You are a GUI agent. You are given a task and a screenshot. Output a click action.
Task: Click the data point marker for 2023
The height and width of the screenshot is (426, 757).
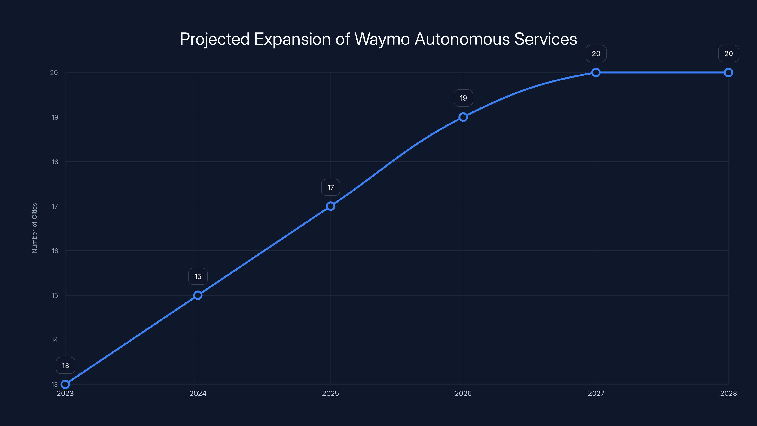pyautogui.click(x=65, y=384)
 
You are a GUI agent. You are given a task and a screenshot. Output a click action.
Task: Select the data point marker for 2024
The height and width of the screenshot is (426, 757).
pyautogui.click(x=198, y=295)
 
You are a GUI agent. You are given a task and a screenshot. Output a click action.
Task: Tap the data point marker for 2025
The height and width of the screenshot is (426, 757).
pyautogui.click(x=331, y=206)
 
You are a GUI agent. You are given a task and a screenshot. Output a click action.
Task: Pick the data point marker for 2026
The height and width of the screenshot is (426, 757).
pyautogui.click(x=463, y=117)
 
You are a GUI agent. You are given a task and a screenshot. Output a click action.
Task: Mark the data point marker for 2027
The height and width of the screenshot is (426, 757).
pyautogui.click(x=596, y=73)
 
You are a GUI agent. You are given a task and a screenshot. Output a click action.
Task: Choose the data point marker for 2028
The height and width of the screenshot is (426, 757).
pyautogui.click(x=729, y=73)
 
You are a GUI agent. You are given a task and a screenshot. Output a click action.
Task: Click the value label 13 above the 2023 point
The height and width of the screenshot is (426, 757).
pyautogui.click(x=65, y=365)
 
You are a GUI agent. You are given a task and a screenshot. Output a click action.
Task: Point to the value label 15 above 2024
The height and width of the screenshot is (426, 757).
pyautogui.click(x=198, y=276)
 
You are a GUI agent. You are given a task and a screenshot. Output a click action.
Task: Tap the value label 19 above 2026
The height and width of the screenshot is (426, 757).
pyautogui.click(x=463, y=98)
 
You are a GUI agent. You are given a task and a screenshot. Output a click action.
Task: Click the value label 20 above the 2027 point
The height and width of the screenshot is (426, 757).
pyautogui.click(x=596, y=53)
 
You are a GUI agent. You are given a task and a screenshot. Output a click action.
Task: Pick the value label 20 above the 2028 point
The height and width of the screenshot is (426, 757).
pyautogui.click(x=729, y=53)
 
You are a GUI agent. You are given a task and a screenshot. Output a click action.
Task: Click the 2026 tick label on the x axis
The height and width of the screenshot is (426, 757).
pyautogui.click(x=463, y=393)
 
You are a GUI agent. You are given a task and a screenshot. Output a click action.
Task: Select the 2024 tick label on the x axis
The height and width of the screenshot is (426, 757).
pyautogui.click(x=198, y=393)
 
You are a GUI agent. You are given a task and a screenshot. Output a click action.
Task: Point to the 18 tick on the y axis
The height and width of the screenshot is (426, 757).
pyautogui.click(x=55, y=162)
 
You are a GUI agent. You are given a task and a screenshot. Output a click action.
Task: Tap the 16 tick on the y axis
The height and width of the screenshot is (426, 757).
pyautogui.click(x=55, y=251)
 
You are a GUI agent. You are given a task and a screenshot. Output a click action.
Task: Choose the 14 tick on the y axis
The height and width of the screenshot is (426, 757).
pyautogui.click(x=55, y=340)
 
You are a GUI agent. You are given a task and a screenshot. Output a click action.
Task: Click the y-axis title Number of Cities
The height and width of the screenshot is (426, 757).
pyautogui.click(x=35, y=228)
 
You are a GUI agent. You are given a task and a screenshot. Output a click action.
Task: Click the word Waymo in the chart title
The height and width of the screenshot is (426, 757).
pyautogui.click(x=382, y=39)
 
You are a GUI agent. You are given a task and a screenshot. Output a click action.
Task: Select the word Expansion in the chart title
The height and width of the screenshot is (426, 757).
pyautogui.click(x=292, y=39)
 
